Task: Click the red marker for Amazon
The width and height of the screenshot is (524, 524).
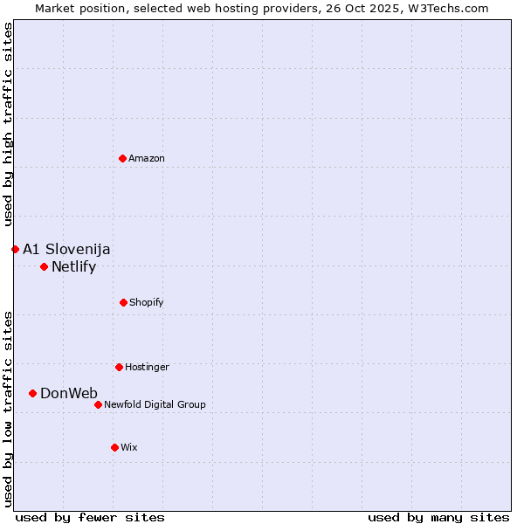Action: [123, 158]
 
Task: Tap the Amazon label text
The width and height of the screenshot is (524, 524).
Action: [147, 158]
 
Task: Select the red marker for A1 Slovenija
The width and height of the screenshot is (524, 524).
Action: [15, 249]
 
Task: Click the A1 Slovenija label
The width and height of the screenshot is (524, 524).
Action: [66, 250]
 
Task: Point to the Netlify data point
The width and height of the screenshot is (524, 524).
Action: [44, 266]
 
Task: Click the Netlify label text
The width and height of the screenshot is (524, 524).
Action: [73, 267]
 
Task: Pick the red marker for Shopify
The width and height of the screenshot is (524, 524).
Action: [123, 302]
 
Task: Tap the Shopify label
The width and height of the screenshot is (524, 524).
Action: [147, 302]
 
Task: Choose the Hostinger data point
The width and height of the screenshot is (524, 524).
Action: [119, 367]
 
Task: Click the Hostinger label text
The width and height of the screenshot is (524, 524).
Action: [147, 367]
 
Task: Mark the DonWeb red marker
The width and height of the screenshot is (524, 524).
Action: [32, 393]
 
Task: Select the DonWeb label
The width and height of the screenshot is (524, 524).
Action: [69, 394]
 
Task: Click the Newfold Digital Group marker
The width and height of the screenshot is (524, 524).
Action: [98, 404]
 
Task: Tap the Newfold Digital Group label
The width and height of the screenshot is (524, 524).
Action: [155, 404]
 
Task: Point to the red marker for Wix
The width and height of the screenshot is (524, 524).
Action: [114, 447]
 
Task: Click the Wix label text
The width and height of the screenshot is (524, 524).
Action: [129, 447]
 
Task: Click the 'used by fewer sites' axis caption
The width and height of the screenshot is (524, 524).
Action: [90, 517]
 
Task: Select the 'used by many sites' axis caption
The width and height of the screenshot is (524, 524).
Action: [438, 517]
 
